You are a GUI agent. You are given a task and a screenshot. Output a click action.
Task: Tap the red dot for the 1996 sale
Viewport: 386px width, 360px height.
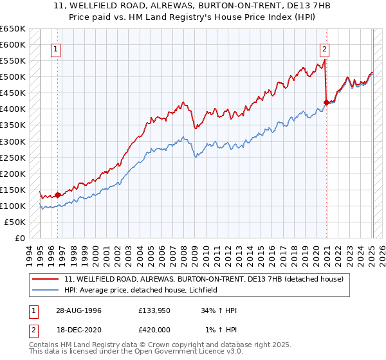(x=57, y=194)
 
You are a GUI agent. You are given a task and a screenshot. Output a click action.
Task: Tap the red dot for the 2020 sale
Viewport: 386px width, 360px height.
(x=326, y=102)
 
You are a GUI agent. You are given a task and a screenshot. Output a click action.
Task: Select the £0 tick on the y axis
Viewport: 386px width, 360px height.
(x=20, y=238)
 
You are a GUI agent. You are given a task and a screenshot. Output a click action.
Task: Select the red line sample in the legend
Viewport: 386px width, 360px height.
(x=46, y=279)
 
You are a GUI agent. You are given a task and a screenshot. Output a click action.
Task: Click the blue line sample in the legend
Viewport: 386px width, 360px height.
(x=46, y=290)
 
